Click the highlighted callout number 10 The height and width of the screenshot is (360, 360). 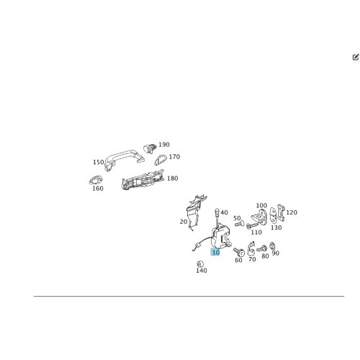(215, 252)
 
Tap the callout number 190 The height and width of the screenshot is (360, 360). (164, 145)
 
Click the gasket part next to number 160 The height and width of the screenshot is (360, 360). (96, 180)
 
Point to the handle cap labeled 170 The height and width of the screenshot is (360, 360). (161, 160)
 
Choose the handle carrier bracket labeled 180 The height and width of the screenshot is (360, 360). (143, 180)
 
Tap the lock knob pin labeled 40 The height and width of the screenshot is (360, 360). (217, 217)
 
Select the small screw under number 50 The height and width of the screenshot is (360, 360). (239, 224)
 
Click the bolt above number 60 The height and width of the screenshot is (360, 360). (239, 252)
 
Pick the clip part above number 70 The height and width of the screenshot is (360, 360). (251, 248)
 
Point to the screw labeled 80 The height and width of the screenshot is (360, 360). (261, 248)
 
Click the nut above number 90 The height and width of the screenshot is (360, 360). (272, 246)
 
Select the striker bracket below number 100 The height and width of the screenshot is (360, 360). (258, 216)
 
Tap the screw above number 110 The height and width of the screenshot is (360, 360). (252, 225)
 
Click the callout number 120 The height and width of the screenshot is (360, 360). (292, 212)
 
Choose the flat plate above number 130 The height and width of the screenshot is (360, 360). (273, 215)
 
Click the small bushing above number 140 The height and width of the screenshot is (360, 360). (200, 264)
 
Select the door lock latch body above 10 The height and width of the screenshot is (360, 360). (221, 237)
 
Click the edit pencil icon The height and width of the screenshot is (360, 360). (356, 57)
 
